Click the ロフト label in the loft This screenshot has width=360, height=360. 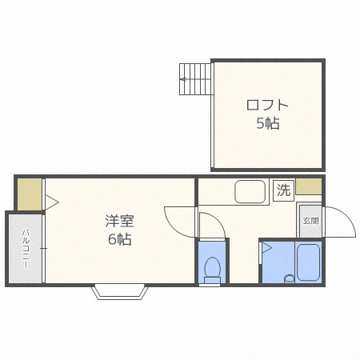point(267,105)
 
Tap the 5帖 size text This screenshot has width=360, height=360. point(268,123)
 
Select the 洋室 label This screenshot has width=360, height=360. point(119,221)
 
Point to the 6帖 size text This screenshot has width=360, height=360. point(120,239)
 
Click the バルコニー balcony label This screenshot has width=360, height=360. point(26,248)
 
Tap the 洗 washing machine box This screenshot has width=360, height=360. point(283,190)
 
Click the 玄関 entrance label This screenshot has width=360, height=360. point(310,221)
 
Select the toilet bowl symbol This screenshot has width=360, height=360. point(212,270)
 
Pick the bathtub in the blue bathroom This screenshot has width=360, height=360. point(309,262)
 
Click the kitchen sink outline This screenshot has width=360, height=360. point(250,192)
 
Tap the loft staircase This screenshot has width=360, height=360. point(196,79)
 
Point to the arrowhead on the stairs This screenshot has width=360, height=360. point(183,79)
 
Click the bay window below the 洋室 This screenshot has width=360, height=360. point(120,292)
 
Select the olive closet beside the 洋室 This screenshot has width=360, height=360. point(30,194)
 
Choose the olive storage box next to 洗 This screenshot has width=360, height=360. point(309,186)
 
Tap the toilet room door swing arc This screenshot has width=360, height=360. point(217,218)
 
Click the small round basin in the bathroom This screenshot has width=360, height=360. point(289,278)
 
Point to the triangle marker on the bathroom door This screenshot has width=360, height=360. point(266,248)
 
